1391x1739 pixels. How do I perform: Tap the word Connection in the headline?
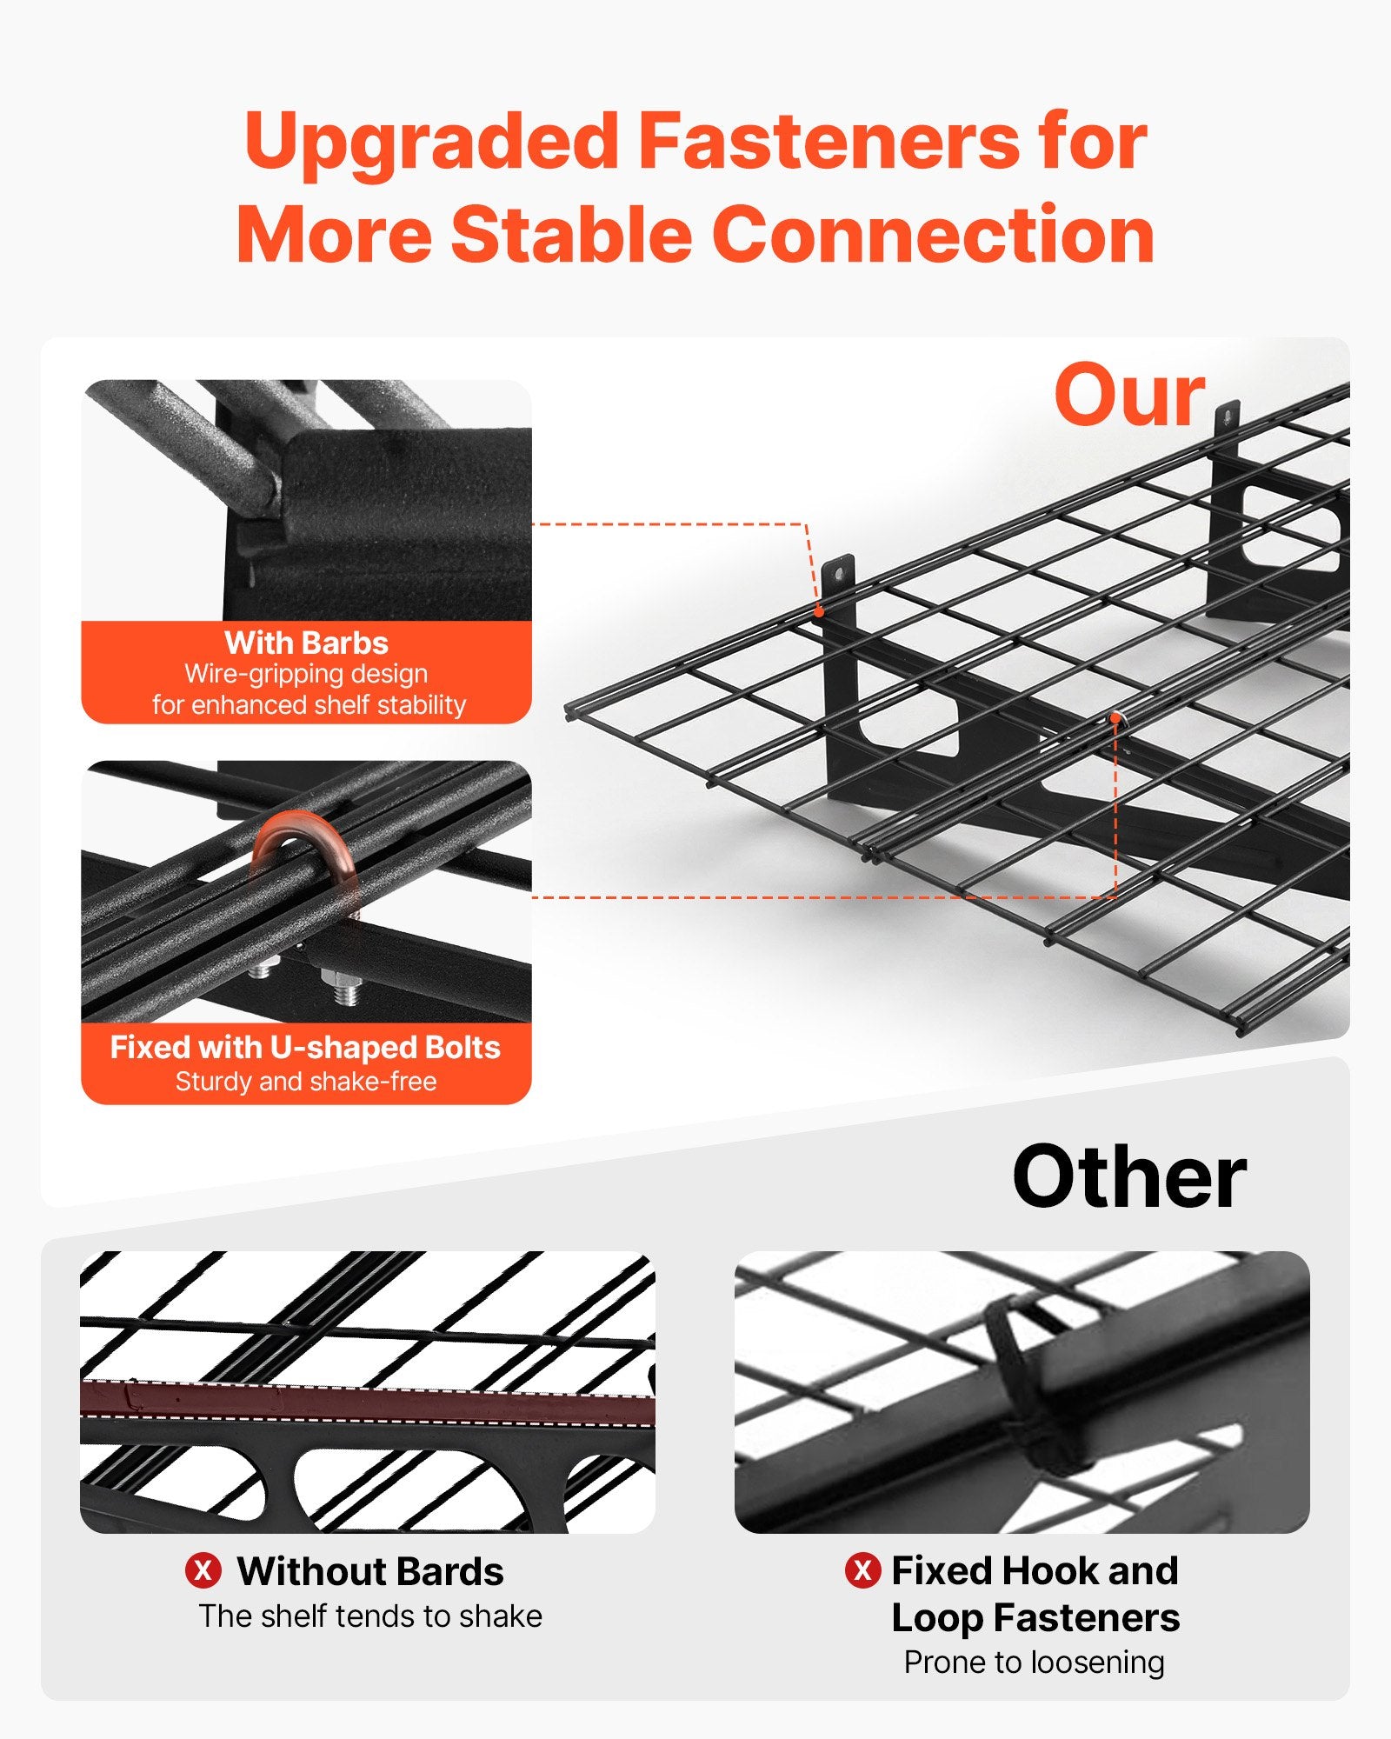pos(934,235)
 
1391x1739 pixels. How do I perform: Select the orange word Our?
pos(1129,396)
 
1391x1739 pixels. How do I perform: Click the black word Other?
pos(1129,1176)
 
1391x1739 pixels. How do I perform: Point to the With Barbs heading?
pos(306,643)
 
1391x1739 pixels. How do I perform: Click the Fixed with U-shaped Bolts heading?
pos(305,1047)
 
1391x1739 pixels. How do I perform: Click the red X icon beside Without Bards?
pos(203,1570)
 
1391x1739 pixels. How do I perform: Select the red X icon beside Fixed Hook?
pos(862,1570)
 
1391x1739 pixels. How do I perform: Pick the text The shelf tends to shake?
pos(370,1616)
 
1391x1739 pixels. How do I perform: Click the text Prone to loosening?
pos(1034,1662)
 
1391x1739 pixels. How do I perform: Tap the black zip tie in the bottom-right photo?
pos(1026,1383)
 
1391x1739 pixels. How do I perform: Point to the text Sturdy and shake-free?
pos(306,1081)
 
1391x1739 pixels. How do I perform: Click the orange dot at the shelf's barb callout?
pos(819,612)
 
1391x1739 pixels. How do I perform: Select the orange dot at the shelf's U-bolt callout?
pos(1115,718)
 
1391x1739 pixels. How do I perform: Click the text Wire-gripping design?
pos(306,674)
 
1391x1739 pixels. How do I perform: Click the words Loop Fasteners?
pos(1035,1618)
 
